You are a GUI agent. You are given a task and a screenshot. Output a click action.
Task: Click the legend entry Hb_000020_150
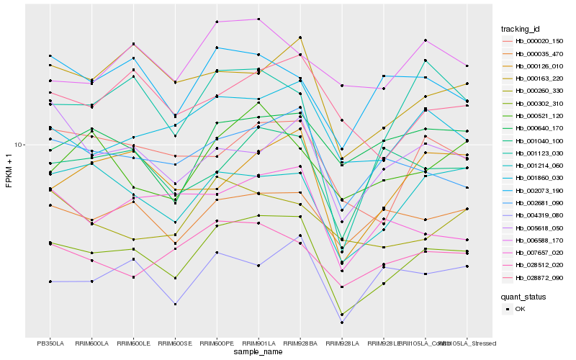click(x=539, y=41)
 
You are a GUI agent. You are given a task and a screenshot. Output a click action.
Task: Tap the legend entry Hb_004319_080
click(x=539, y=215)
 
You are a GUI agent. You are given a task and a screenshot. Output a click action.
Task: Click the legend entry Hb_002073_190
click(x=539, y=190)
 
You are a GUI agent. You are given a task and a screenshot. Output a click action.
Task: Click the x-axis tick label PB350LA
click(x=50, y=343)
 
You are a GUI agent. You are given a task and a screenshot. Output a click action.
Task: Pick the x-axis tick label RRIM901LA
click(x=258, y=343)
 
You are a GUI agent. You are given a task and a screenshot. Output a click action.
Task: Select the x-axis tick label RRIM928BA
click(x=300, y=343)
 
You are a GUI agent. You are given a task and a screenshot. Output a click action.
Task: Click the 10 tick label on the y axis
click(x=20, y=145)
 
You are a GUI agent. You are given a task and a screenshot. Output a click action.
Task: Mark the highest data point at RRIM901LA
click(x=258, y=19)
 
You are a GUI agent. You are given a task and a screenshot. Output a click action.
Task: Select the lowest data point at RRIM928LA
click(x=341, y=322)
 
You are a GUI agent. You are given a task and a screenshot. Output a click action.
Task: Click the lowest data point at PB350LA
click(x=50, y=282)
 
